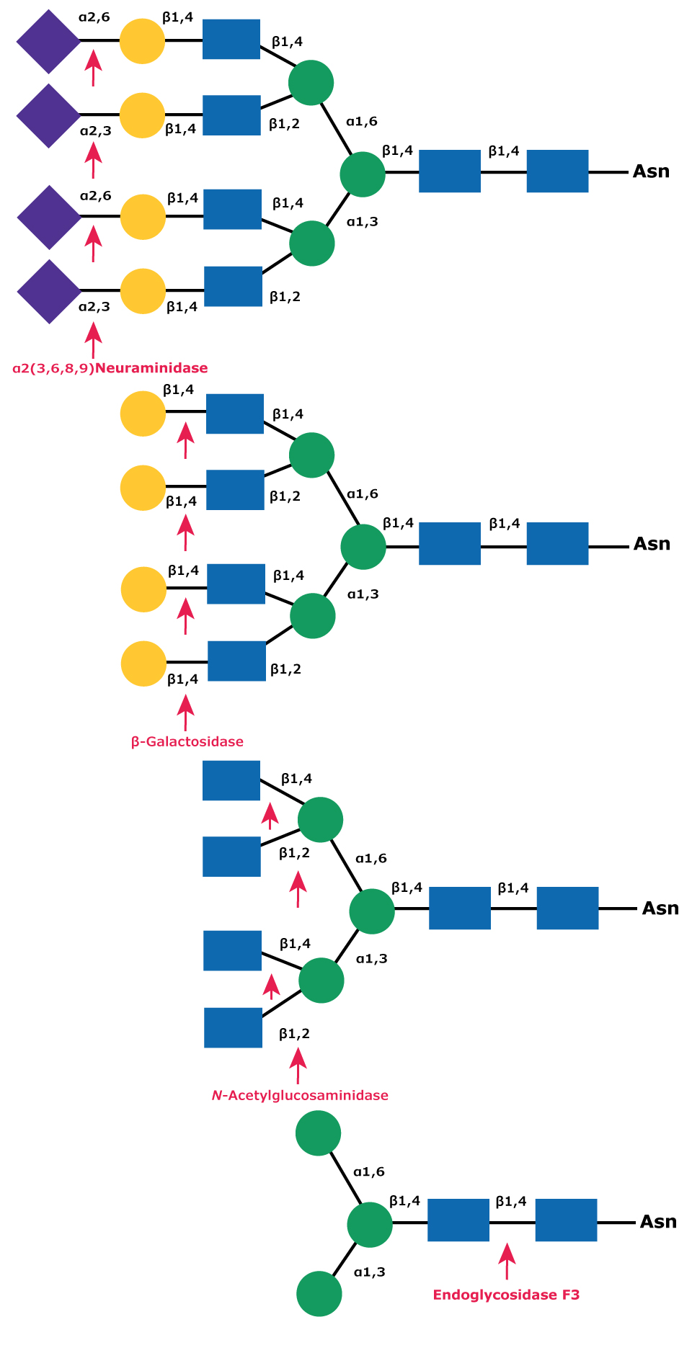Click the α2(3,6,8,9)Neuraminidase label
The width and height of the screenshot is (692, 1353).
coord(110,368)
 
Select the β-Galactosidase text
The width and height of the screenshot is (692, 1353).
coord(187,741)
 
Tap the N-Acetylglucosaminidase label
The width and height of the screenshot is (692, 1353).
coord(300,1095)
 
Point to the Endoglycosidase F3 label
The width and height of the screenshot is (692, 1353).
coord(506,1295)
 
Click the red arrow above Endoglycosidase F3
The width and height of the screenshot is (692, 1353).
coord(507,1262)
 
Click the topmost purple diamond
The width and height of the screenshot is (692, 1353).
coord(48,41)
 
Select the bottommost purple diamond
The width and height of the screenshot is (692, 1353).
coord(49,292)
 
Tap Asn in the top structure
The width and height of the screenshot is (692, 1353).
coord(651,171)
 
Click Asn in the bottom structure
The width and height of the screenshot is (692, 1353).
coord(658,1221)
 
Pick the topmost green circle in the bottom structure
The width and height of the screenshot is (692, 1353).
coord(318,1133)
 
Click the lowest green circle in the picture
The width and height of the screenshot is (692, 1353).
coord(319,1293)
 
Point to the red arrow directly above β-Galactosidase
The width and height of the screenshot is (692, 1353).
coord(186,713)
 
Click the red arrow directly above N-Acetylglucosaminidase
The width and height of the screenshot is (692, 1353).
coord(298,1066)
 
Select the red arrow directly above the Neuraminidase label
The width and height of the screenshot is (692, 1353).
coord(92,340)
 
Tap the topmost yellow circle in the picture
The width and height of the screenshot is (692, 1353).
coord(142,41)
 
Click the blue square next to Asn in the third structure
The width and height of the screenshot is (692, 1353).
coord(567,908)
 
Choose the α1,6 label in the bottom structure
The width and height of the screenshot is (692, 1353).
coord(369,1172)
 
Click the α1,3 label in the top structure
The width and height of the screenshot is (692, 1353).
coord(362,222)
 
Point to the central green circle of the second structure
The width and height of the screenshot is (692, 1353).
coord(363,546)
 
